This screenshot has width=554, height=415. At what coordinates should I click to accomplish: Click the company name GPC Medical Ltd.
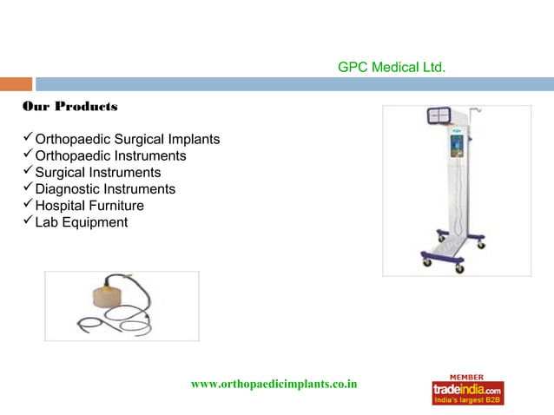pyautogui.click(x=392, y=67)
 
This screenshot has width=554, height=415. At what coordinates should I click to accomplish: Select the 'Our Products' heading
pyautogui.click(x=69, y=107)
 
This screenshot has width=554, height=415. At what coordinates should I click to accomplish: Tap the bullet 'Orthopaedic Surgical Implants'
pyautogui.click(x=127, y=139)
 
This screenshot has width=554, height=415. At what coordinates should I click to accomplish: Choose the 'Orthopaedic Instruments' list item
pyautogui.click(x=110, y=156)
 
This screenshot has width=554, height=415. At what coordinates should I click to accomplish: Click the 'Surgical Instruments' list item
pyautogui.click(x=97, y=173)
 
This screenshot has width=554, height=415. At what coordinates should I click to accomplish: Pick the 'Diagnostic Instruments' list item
pyautogui.click(x=104, y=189)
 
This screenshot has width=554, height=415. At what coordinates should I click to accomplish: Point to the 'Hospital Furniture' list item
pyautogui.click(x=89, y=206)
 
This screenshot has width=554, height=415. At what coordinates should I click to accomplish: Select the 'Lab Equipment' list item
pyautogui.click(x=81, y=222)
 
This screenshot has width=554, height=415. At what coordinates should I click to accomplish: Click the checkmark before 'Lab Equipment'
pyautogui.click(x=27, y=221)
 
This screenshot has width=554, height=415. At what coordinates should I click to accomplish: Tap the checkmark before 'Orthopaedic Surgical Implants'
pyautogui.click(x=27, y=138)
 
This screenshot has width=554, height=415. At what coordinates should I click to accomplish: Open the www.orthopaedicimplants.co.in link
pyautogui.click(x=274, y=384)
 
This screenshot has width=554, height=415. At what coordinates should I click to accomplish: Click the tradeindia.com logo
pyautogui.click(x=467, y=390)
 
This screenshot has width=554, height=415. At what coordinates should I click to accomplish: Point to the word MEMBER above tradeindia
pyautogui.click(x=467, y=377)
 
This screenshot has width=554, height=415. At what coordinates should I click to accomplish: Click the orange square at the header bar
pyautogui.click(x=16, y=84)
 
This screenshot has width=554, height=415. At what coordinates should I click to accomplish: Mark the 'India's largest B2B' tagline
pyautogui.click(x=467, y=400)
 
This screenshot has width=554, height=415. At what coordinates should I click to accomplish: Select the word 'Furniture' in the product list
pyautogui.click(x=115, y=206)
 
